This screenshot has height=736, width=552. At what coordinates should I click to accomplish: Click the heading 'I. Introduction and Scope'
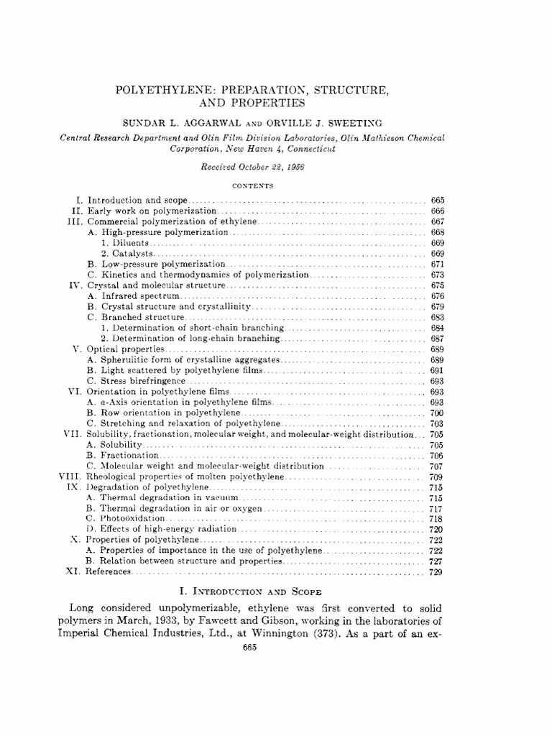(275, 592)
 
